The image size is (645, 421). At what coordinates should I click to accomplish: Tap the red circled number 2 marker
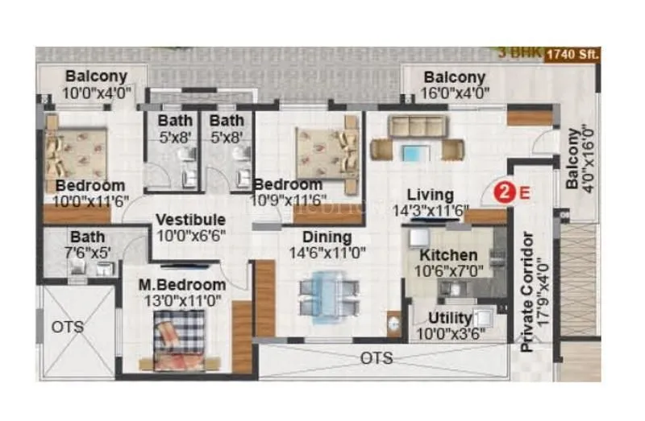(504, 192)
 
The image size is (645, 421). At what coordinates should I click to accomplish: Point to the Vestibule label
(190, 219)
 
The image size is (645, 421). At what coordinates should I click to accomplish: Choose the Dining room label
(327, 237)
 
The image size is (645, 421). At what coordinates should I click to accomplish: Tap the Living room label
(430, 195)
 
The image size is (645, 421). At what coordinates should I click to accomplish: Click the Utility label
(450, 316)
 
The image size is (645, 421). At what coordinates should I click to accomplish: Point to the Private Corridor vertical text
(528, 291)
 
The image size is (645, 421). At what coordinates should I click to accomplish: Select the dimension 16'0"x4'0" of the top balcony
(456, 93)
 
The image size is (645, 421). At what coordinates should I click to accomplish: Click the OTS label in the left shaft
(68, 327)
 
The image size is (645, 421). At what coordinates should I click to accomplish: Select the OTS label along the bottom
(377, 357)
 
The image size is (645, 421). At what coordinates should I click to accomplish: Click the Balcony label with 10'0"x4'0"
(96, 76)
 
